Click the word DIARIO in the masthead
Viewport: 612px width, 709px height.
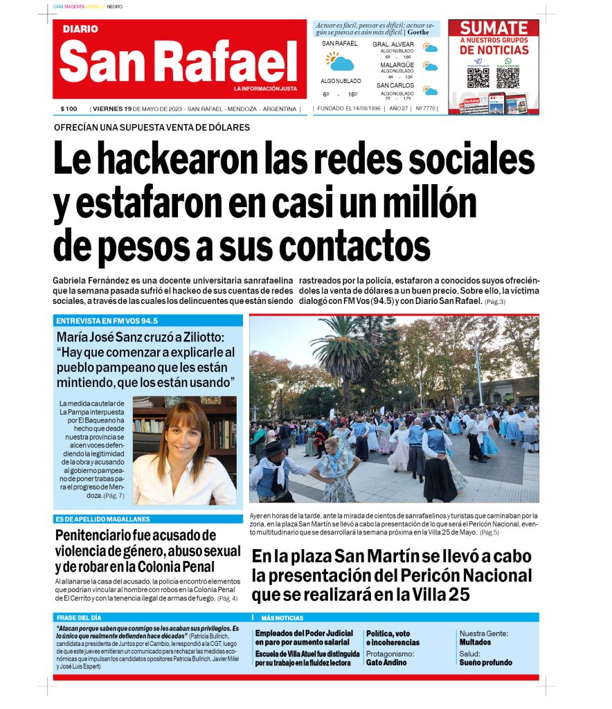coord(80,29)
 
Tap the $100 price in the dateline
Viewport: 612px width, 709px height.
coord(69,109)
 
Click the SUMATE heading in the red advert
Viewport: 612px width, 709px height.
coord(494,28)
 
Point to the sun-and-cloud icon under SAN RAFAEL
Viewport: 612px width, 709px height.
coord(340,62)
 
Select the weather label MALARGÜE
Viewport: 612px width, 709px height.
coord(397,64)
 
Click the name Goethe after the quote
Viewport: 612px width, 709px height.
coord(417,32)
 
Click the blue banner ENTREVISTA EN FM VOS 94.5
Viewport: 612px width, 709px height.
coord(107,321)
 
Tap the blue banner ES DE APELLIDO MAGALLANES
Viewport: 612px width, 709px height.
coord(103,519)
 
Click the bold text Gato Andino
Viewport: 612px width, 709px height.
coord(386,663)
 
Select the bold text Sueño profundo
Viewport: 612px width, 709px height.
coord(485,663)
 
